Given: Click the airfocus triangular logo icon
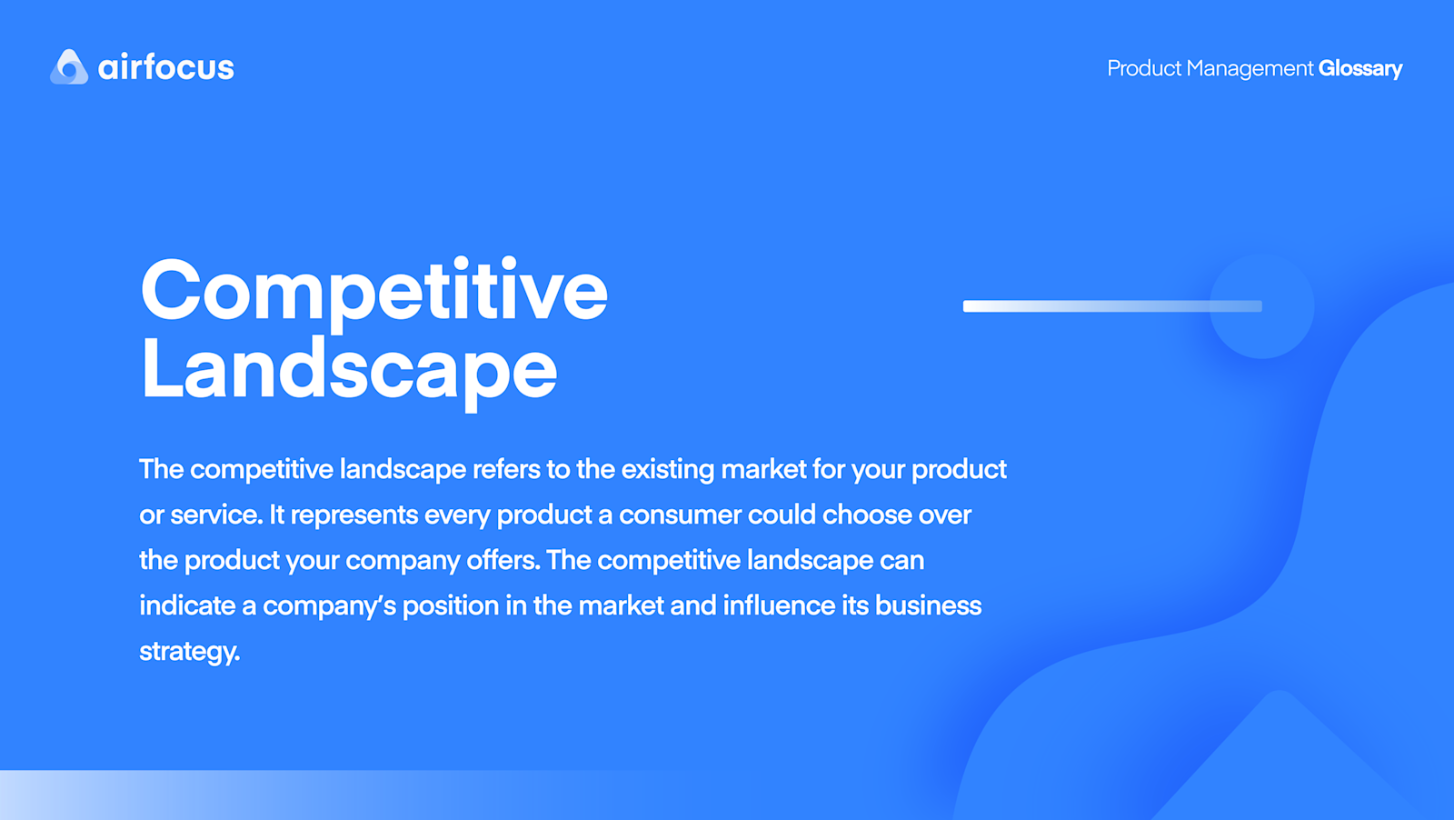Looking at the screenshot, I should [69, 67].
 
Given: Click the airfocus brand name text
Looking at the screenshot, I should [166, 67].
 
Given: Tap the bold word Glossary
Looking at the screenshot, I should [1359, 68].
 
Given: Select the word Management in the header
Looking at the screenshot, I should [1250, 69].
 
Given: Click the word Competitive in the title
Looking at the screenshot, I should [373, 292].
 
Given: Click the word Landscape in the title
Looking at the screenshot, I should [349, 370].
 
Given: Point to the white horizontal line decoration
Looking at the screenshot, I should [1090, 306].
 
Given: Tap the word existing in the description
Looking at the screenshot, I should [668, 469].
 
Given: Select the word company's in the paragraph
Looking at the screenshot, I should [329, 606].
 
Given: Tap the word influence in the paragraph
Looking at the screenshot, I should [779, 605].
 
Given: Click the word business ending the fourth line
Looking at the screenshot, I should [928, 605].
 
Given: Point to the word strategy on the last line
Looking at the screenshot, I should [188, 652].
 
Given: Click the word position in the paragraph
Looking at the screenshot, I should [451, 606].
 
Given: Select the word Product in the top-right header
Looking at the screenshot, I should [1143, 68].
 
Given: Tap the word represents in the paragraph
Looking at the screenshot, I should [354, 515].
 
